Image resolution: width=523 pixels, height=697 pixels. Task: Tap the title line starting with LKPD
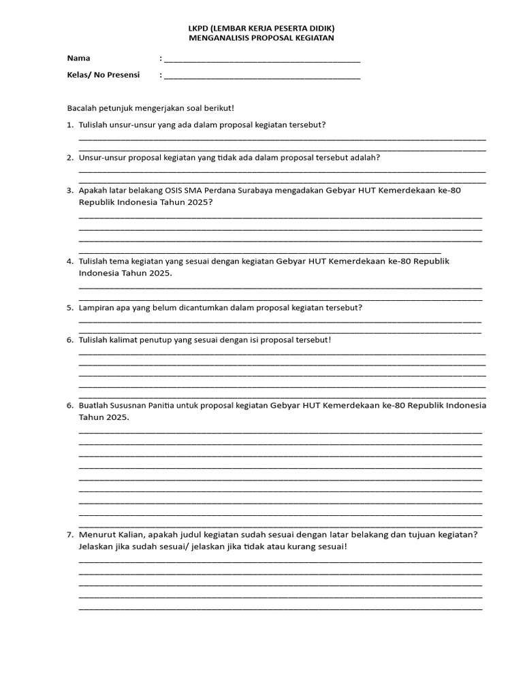(261, 29)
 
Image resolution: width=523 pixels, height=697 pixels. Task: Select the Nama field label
(78, 58)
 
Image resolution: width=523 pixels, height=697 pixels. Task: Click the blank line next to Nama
(262, 60)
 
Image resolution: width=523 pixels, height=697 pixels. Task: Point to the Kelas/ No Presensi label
(103, 75)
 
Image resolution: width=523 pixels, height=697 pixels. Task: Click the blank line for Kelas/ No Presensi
(262, 77)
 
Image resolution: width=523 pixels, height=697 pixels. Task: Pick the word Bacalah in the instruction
(81, 108)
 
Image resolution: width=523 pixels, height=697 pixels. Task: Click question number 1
(70, 125)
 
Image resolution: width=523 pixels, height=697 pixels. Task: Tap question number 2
(70, 157)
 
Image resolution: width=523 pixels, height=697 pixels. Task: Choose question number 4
(70, 261)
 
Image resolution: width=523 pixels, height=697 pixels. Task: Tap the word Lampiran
(97, 308)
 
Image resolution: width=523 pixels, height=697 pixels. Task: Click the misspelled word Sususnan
(132, 405)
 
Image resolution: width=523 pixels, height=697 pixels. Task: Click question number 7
(70, 534)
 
